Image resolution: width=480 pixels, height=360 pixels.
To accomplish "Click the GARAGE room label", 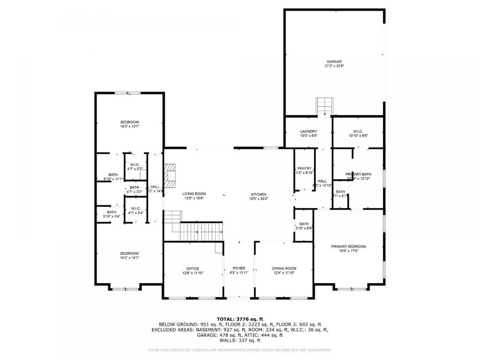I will click(334, 61).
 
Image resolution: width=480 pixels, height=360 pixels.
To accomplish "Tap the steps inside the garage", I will click(324, 106).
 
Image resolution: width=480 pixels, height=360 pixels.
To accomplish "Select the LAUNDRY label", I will click(308, 131).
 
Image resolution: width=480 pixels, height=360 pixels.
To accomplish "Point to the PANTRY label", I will click(304, 168).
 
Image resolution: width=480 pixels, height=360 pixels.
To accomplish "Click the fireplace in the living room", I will click(170, 176).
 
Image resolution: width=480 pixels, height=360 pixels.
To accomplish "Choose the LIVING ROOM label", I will click(194, 194).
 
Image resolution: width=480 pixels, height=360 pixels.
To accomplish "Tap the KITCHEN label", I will click(259, 194).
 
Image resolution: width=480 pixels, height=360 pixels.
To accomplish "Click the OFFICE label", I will click(192, 268).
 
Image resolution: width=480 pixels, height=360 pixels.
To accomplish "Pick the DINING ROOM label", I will click(284, 268).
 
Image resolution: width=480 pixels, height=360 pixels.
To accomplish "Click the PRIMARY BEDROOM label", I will click(348, 246).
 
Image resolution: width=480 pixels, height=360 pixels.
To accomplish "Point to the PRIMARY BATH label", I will click(358, 174).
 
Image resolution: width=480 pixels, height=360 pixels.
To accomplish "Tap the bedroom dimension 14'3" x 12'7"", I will click(129, 126).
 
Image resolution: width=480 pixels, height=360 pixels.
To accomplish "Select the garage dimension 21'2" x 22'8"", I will click(334, 66).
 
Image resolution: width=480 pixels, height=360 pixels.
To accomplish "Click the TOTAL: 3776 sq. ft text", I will click(239, 318).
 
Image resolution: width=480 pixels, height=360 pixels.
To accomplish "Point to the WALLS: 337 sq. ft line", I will click(239, 340).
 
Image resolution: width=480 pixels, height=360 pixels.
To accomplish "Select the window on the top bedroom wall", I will click(129, 93).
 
